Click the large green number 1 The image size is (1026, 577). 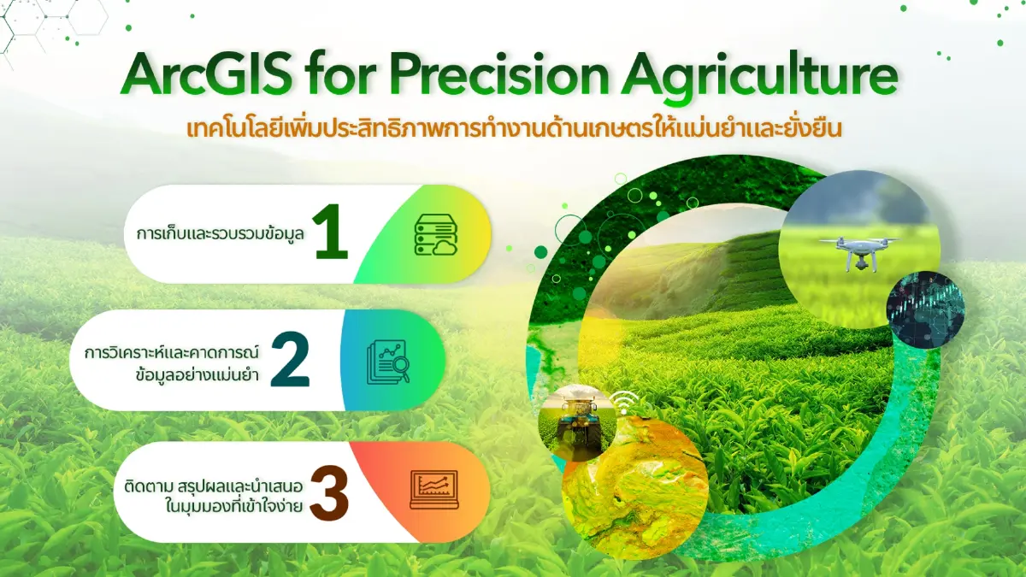point(331,234)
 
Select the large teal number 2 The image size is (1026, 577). point(289,360)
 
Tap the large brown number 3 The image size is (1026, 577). point(330,492)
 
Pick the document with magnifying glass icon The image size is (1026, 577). point(387,360)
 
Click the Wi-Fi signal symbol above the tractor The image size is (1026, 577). point(624,399)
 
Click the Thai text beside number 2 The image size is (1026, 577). point(175,361)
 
